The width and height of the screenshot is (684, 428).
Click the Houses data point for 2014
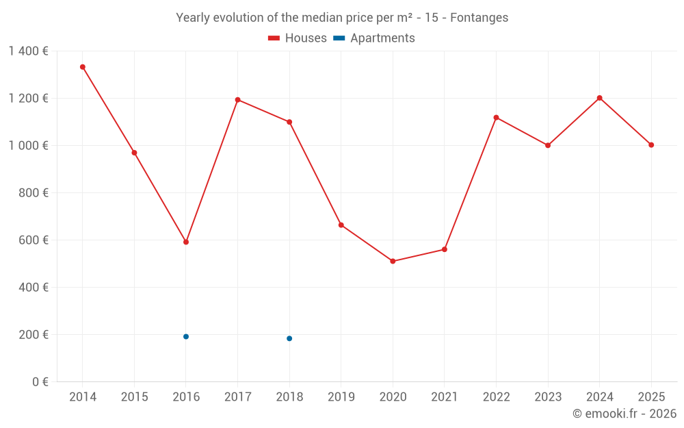point(83,67)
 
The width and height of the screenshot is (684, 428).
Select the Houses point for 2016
point(186,242)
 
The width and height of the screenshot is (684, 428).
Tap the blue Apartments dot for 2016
point(186,336)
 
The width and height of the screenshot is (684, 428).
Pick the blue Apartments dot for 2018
point(289,338)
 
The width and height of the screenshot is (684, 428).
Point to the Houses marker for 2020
point(393,261)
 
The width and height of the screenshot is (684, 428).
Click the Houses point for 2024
point(599,98)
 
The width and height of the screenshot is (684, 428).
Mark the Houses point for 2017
point(237,100)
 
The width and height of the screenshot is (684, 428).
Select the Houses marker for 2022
point(496,117)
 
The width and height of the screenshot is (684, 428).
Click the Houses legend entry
point(298,38)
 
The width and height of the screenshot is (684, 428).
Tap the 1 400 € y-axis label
point(28,51)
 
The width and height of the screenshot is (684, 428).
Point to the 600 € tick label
point(34,240)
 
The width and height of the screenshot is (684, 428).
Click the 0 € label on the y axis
point(40,381)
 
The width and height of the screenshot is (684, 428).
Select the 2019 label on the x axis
point(341,397)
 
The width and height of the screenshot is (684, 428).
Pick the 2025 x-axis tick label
point(650,397)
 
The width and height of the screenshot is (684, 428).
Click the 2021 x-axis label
point(444,397)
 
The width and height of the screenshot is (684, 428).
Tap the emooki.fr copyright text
point(624,414)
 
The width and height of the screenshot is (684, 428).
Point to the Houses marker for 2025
point(651,144)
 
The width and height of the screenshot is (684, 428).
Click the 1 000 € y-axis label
point(28,145)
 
